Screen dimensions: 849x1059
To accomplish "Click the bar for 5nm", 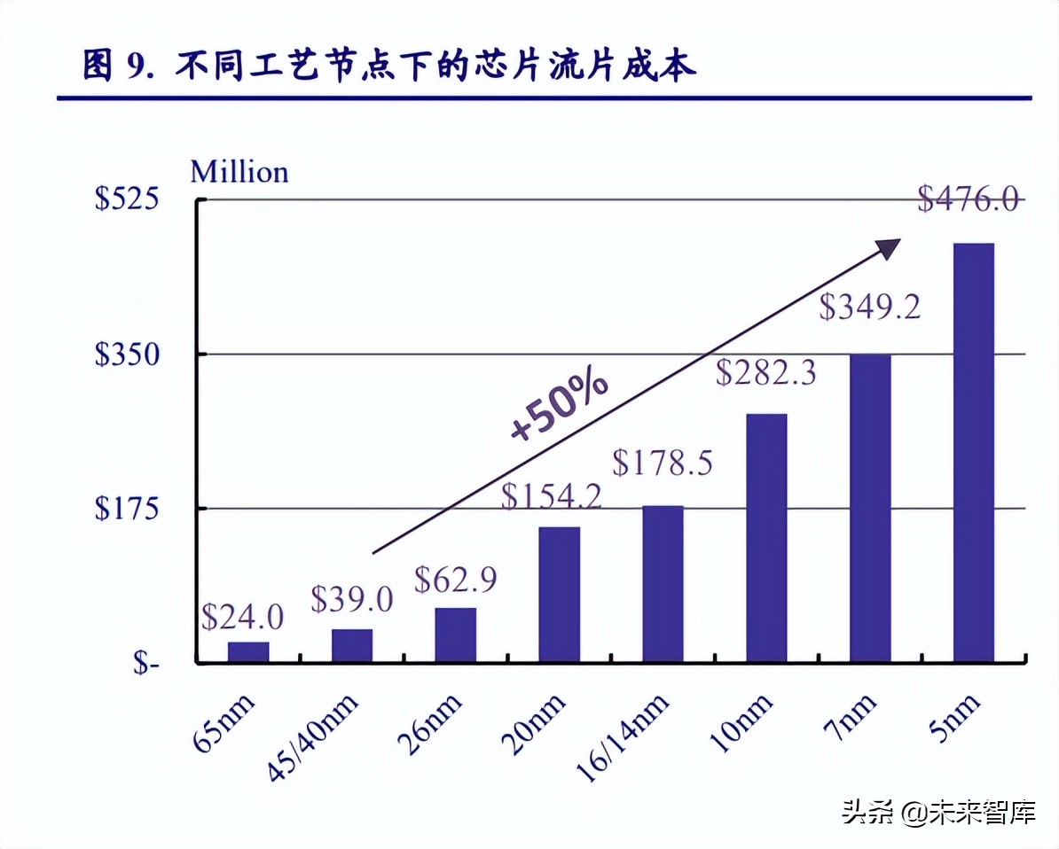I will coord(973,452).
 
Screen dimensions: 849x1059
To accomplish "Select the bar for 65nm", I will coord(248,651).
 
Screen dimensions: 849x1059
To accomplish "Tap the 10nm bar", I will coord(766,538).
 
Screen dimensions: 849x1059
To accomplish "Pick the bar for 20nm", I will coord(559,595).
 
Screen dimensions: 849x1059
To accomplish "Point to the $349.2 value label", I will coord(869,308).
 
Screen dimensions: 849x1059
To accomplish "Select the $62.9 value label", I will coord(456,580).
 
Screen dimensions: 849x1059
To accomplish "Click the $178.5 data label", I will coord(662,463).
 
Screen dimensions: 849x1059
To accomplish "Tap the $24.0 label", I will coord(242,615).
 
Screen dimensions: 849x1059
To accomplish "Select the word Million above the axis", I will coord(239,171).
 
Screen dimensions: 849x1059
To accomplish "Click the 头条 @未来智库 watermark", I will coord(938,812).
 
